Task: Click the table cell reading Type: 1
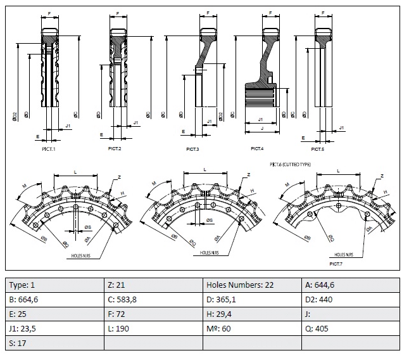click(54, 285)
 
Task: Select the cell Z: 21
click(153, 285)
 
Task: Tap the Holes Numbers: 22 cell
click(252, 285)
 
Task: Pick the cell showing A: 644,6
click(351, 285)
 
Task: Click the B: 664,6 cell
click(54, 299)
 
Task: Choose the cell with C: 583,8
click(153, 299)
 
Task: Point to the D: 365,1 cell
click(252, 299)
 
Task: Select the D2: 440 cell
click(351, 299)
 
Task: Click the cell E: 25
click(54, 314)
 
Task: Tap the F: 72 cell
click(153, 314)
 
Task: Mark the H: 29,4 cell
click(252, 314)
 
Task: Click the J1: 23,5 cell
click(54, 328)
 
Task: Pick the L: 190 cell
click(153, 328)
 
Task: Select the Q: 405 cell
click(351, 328)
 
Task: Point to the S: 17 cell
click(54, 343)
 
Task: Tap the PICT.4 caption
click(256, 148)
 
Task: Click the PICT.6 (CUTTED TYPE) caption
click(290, 164)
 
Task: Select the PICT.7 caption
click(336, 262)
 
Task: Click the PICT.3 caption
click(192, 149)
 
